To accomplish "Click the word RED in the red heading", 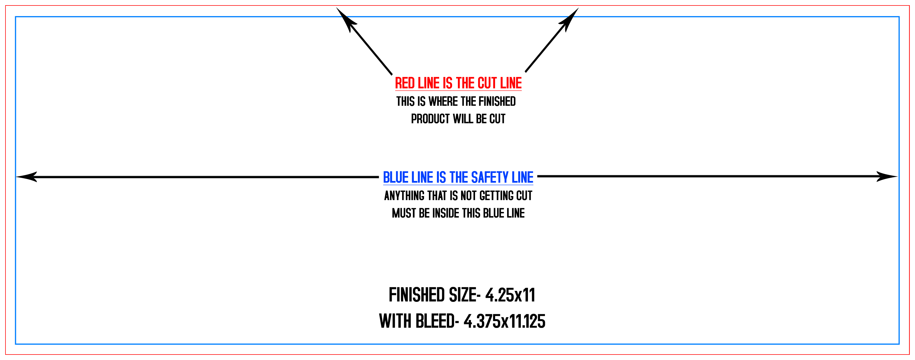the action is coord(405,83).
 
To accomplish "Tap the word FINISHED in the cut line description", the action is coord(497,102).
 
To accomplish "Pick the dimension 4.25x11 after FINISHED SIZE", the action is coord(510,295).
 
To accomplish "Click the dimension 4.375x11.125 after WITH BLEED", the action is coord(504,321).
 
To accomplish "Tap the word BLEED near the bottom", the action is coord(435,321).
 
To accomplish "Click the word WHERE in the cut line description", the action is coord(443,102).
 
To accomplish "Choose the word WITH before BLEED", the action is coord(395,321).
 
